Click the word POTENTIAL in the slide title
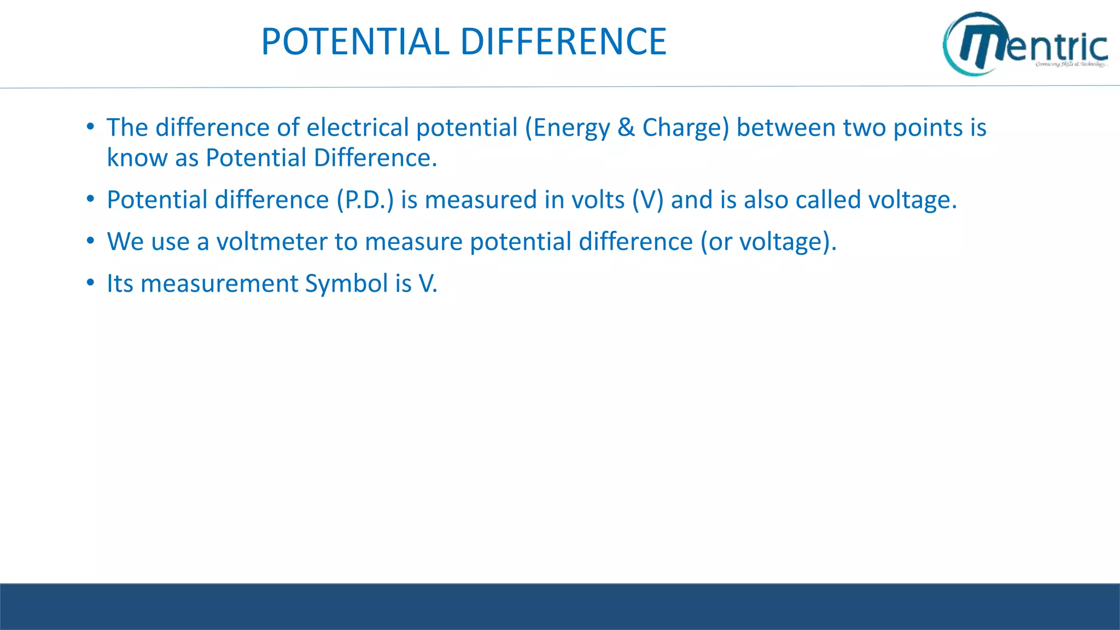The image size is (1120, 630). pyautogui.click(x=355, y=42)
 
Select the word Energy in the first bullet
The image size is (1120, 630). pyautogui.click(x=571, y=129)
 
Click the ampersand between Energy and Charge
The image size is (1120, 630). pyautogui.click(x=626, y=127)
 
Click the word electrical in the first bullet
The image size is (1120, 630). pyautogui.click(x=358, y=127)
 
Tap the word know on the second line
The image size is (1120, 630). pyautogui.click(x=137, y=157)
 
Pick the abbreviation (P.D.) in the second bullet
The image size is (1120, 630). pyautogui.click(x=365, y=200)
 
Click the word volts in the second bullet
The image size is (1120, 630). pyautogui.click(x=598, y=200)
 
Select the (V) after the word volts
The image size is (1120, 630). pyautogui.click(x=647, y=200)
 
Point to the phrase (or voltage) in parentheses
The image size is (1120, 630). pyautogui.click(x=768, y=242)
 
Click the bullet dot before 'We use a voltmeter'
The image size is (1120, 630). pyautogui.click(x=90, y=241)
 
